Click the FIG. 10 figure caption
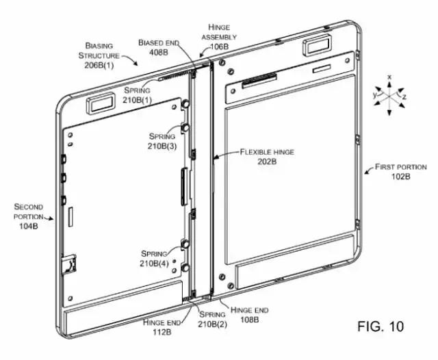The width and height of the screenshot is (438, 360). pos(380,326)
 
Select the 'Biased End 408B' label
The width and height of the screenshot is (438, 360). pos(158,46)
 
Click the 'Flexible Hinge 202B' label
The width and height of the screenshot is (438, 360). pos(266,157)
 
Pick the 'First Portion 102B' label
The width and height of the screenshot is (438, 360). pos(400,171)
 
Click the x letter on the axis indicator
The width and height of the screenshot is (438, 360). pos(389,77)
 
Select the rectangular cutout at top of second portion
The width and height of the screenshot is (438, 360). pos(97,105)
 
